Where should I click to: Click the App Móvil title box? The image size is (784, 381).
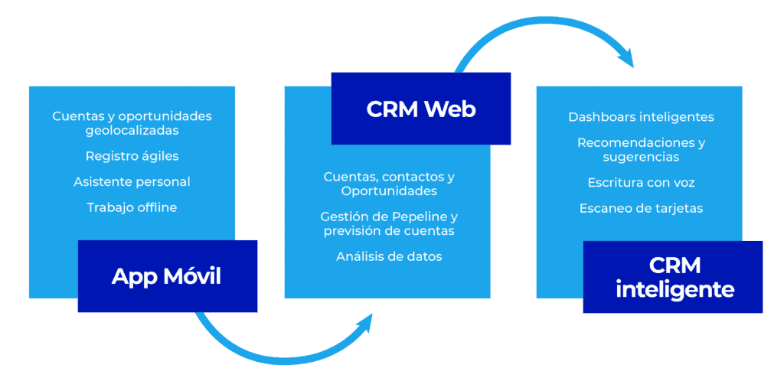[167, 276]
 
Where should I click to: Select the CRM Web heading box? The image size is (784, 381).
[420, 109]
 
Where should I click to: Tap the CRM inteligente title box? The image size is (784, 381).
[673, 277]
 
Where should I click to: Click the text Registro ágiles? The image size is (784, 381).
[132, 156]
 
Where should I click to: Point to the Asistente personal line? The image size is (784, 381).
[132, 182]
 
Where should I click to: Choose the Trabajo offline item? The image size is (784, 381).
[132, 207]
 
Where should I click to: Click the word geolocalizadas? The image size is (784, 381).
[132, 130]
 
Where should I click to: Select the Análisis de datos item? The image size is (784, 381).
[389, 257]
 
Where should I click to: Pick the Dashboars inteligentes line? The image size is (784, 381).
[641, 117]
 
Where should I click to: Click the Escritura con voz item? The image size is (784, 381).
[641, 183]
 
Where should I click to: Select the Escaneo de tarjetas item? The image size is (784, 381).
[641, 208]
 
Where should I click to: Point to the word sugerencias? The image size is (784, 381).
[641, 157]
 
